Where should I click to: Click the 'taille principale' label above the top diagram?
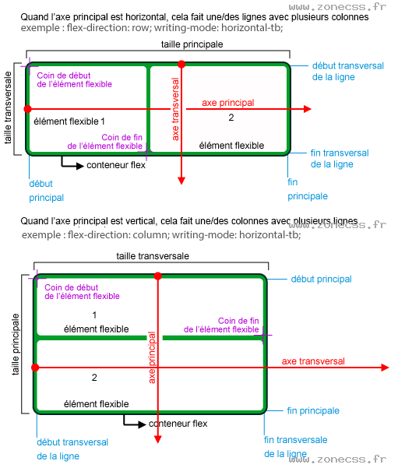tap(191, 45)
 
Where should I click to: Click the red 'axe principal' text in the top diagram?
tap(227, 102)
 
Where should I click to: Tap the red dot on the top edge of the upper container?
tap(181, 64)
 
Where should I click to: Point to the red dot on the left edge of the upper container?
tap(27, 109)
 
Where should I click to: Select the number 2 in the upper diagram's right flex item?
tap(231, 118)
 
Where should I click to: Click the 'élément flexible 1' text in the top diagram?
tap(69, 121)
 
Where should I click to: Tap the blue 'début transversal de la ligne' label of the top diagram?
tap(347, 72)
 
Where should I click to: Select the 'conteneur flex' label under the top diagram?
tap(116, 165)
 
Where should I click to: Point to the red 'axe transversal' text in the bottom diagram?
tap(313, 361)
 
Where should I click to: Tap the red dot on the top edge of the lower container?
tap(158, 276)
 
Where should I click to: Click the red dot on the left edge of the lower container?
tap(34, 367)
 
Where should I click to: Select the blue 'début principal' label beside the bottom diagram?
tap(321, 279)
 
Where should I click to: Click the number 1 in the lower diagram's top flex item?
tap(94, 315)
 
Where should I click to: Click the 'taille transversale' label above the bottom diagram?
tap(153, 256)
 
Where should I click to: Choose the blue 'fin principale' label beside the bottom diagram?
tap(313, 410)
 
